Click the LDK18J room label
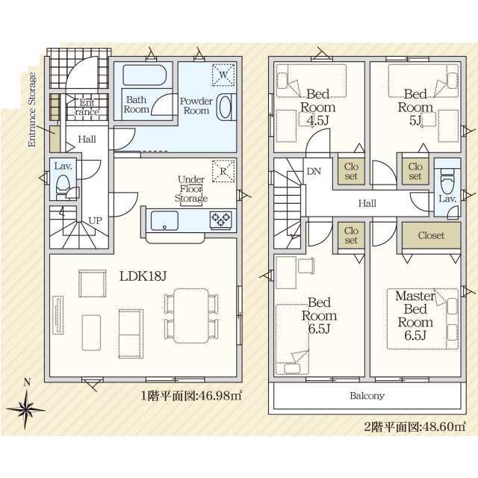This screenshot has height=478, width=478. [x=143, y=276]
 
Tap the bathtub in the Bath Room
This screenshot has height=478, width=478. [x=144, y=75]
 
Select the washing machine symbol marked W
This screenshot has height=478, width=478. [x=223, y=75]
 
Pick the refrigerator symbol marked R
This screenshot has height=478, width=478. [x=223, y=171]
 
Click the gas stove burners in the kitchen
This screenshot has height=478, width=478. [x=221, y=220]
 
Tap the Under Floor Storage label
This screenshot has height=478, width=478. [x=191, y=189]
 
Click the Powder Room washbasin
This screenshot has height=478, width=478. [x=226, y=108]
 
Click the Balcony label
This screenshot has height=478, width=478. [x=367, y=396]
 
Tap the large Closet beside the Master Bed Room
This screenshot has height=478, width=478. [x=431, y=235]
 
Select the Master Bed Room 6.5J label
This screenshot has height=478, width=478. [x=415, y=315]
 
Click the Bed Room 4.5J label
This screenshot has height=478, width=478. [x=317, y=108]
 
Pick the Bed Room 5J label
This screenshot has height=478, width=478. [x=415, y=108]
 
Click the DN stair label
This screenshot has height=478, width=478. [x=314, y=171]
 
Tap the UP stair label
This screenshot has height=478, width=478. [x=95, y=220]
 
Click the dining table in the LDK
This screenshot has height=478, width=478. [x=191, y=316]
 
